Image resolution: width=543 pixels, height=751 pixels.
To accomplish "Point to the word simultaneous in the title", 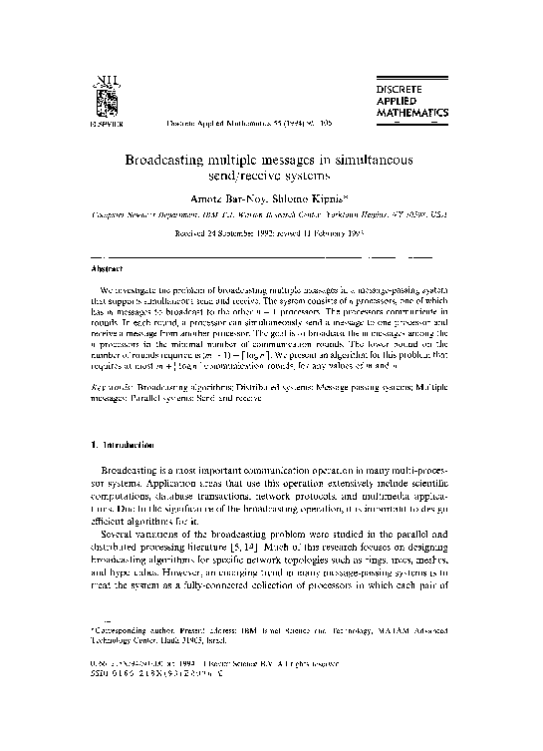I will (378, 160).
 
